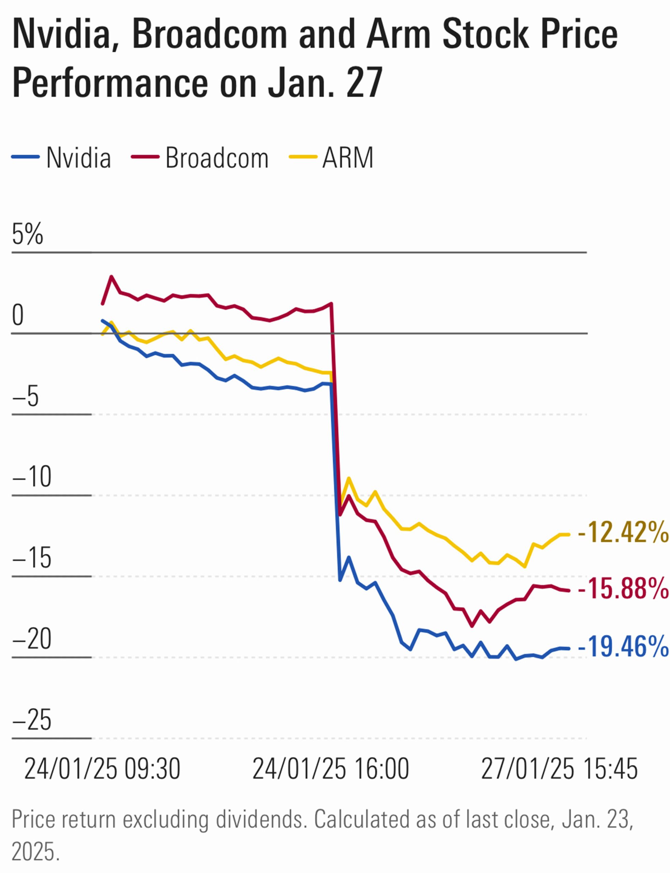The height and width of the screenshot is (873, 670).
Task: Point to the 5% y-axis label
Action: (27, 234)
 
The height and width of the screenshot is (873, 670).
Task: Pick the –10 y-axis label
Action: (32, 476)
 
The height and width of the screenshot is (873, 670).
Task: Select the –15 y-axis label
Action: (32, 558)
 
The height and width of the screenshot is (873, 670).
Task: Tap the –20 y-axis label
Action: (32, 639)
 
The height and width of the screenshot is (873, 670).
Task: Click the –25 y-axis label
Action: (32, 720)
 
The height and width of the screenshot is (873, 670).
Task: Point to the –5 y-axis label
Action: (26, 397)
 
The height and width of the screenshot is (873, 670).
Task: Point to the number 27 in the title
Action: (365, 83)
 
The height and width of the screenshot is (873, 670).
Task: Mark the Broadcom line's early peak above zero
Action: (111, 277)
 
